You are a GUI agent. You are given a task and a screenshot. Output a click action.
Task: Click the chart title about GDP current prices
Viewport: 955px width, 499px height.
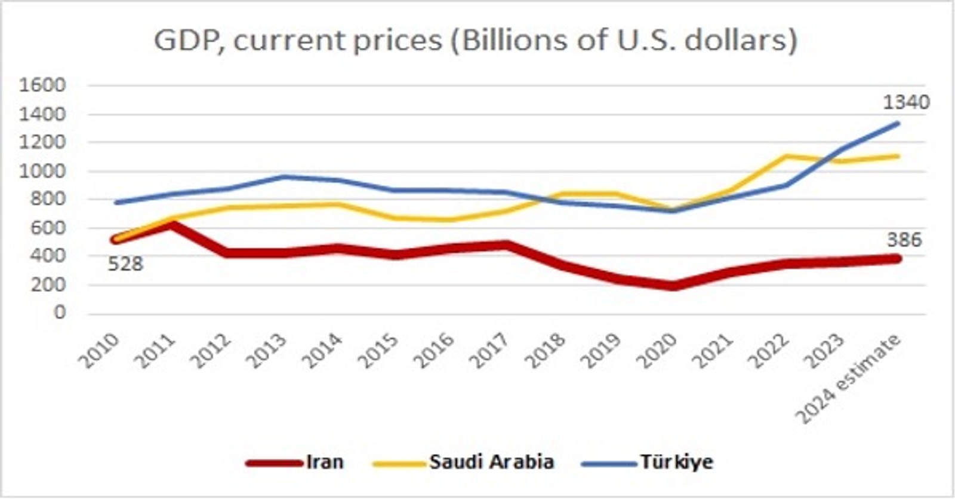[x=476, y=41]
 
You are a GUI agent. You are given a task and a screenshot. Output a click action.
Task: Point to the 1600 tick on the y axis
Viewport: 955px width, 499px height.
[x=42, y=85]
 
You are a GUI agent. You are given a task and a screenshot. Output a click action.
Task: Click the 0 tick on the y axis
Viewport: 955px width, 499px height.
[x=59, y=313]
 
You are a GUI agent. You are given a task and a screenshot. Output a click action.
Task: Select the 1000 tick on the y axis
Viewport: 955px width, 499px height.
[x=42, y=171]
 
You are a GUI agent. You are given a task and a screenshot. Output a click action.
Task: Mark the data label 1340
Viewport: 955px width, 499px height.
[x=906, y=102]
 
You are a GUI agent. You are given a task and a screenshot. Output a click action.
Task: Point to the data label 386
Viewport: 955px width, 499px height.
[x=904, y=240]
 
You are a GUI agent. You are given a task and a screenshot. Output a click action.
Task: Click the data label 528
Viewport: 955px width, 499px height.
[x=125, y=264]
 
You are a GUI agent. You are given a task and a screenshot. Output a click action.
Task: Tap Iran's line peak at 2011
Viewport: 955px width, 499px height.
[x=172, y=225]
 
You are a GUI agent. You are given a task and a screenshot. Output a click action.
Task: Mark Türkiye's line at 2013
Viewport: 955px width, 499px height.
[x=284, y=177]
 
